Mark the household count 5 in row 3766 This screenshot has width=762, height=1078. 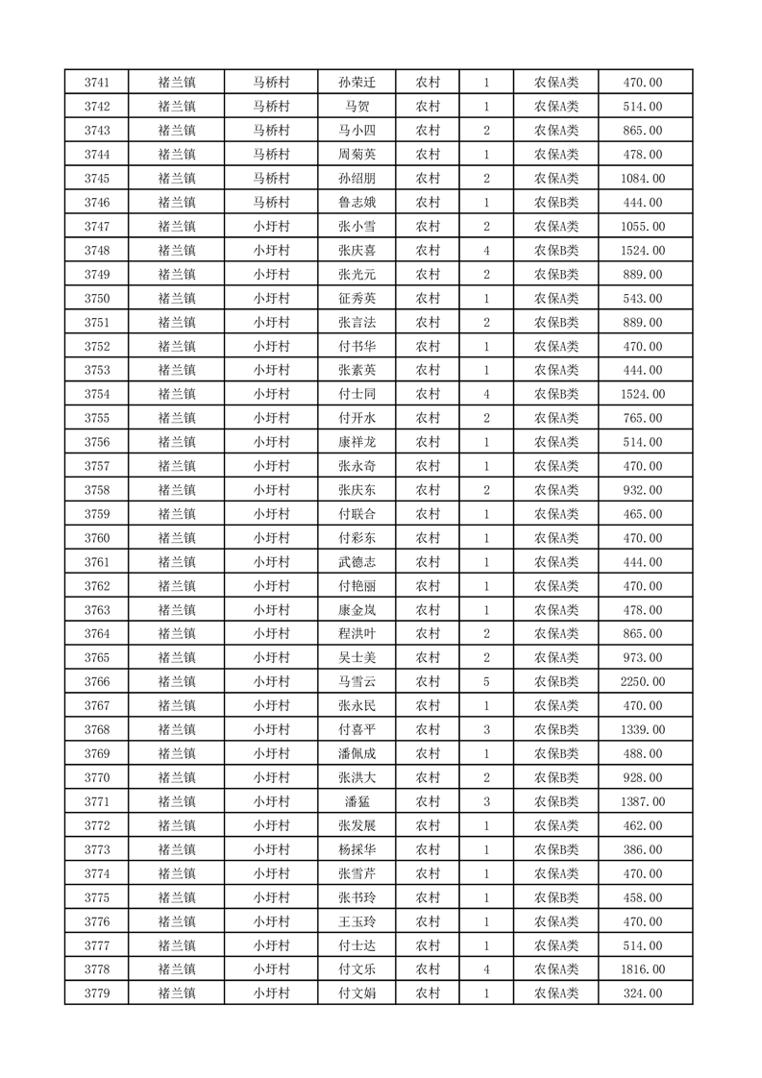pyautogui.click(x=487, y=682)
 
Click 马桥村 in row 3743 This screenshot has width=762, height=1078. pyautogui.click(x=271, y=131)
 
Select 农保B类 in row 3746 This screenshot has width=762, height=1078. pyautogui.click(x=556, y=203)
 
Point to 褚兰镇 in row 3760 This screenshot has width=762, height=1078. pyautogui.click(x=177, y=538)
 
